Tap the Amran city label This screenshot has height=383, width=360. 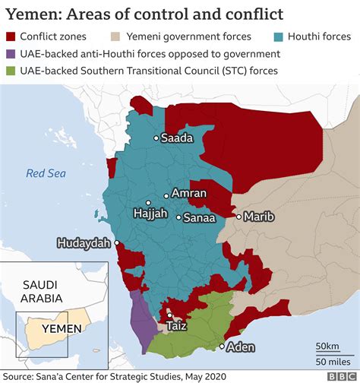190,193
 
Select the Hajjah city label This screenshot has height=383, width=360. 150,214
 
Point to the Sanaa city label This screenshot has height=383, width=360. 201,217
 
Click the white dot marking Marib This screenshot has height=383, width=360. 238,217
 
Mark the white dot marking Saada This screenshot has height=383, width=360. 156,138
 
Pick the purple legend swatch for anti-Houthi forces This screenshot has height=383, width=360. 11,54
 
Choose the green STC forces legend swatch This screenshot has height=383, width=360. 11,71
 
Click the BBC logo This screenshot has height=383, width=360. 339,375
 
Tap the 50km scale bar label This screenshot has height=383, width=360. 328,346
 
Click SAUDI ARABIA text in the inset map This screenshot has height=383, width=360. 36,292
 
